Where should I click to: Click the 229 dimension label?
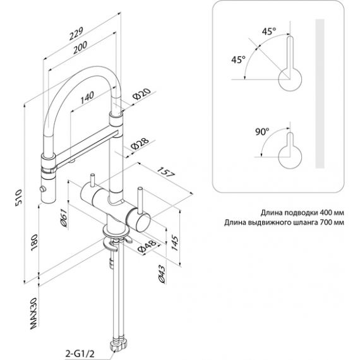tap(76, 33)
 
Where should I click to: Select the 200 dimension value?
tap(80, 47)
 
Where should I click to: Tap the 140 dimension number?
tap(87, 97)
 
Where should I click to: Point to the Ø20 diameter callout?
tap(142, 93)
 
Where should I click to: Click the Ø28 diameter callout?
tap(140, 143)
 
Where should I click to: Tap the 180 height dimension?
tap(34, 243)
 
